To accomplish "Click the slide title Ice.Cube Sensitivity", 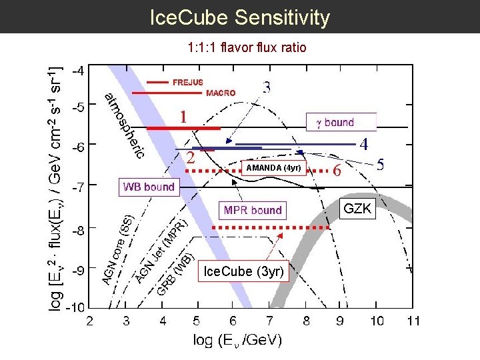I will [x=240, y=17].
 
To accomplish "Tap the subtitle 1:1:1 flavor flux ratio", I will [x=247, y=48].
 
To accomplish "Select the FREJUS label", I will [x=188, y=83].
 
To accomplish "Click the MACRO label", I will [x=221, y=93].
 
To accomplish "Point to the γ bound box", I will [x=341, y=122].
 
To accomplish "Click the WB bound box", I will [x=149, y=187].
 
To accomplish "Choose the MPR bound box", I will [x=253, y=210].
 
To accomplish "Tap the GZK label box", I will [x=357, y=209].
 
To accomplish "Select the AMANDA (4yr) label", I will [x=274, y=167].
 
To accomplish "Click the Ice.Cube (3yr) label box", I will [x=244, y=271].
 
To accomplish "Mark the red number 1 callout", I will [x=181, y=116].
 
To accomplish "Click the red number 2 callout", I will [x=191, y=158].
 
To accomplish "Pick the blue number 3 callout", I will [x=266, y=87].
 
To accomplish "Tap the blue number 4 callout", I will [x=364, y=143].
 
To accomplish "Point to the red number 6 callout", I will [x=337, y=171].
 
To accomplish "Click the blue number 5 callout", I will [x=381, y=164].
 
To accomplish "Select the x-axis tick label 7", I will [x=269, y=321].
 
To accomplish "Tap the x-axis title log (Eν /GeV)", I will [x=237, y=340].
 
